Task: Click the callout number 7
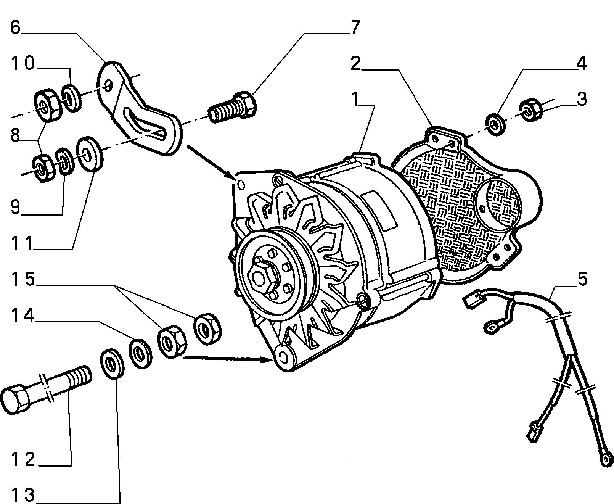pyautogui.click(x=355, y=27)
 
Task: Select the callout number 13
pyautogui.click(x=23, y=495)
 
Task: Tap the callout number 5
pyautogui.click(x=582, y=279)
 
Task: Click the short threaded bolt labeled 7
pyautogui.click(x=233, y=107)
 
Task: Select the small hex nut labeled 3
pyautogui.click(x=531, y=110)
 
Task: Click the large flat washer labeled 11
pyautogui.click(x=89, y=153)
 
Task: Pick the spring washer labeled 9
pyautogui.click(x=64, y=161)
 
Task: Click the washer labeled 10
pyautogui.click(x=71, y=98)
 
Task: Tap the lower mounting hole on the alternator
pyautogui.click(x=282, y=356)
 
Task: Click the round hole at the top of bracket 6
pyautogui.click(x=109, y=85)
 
